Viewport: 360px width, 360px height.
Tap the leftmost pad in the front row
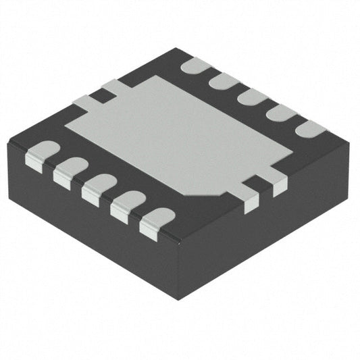coord(41,154)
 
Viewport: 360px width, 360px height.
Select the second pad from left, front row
coord(69,171)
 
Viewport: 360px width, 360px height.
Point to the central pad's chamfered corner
coord(203,191)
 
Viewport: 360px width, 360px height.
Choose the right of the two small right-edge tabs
coord(276,184)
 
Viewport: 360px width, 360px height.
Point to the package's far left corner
coord(8,144)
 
